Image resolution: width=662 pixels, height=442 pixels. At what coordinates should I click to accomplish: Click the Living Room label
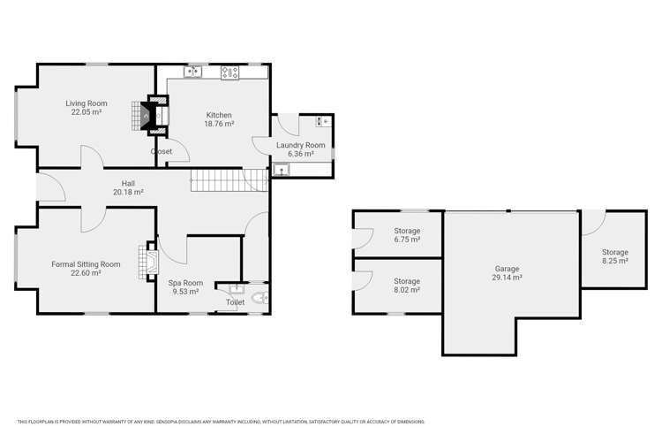click(x=86, y=108)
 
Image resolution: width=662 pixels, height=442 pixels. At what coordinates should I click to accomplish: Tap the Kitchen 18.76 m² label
click(x=219, y=120)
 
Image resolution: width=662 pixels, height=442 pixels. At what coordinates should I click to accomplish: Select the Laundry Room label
click(x=301, y=149)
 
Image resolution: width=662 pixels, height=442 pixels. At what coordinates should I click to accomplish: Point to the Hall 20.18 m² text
click(x=128, y=187)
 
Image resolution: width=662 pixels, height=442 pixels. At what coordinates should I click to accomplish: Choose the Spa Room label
click(x=185, y=286)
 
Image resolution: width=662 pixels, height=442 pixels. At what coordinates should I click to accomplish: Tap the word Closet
click(x=162, y=151)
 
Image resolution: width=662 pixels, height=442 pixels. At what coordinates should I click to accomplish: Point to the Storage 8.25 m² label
click(x=614, y=256)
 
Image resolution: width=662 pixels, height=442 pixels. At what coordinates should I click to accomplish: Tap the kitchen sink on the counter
click(x=193, y=72)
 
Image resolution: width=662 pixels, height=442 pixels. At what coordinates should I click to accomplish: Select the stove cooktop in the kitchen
click(x=231, y=72)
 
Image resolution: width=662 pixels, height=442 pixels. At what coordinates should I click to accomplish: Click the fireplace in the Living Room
click(x=145, y=116)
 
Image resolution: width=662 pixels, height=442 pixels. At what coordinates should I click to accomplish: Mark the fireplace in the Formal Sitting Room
click(x=147, y=260)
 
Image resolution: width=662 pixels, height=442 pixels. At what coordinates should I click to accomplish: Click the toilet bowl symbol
click(x=259, y=299)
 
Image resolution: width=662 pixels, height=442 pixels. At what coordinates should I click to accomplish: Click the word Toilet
click(x=235, y=302)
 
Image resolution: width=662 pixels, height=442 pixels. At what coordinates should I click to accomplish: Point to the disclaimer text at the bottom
click(x=221, y=422)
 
